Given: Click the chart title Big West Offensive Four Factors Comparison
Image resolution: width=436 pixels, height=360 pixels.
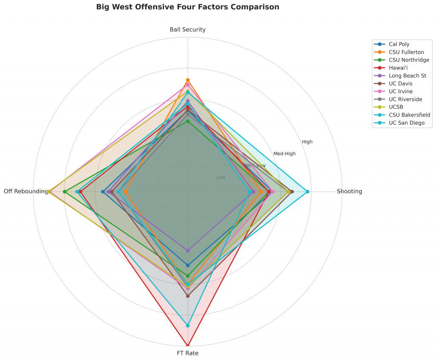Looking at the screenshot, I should [x=188, y=7].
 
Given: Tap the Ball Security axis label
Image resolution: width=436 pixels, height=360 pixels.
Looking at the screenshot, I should [x=188, y=29].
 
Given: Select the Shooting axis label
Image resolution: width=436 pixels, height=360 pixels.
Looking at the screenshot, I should [x=349, y=191].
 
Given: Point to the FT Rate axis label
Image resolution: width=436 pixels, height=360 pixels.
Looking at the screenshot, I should [x=188, y=353].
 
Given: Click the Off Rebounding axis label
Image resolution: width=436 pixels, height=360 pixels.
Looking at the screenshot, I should [x=26, y=191].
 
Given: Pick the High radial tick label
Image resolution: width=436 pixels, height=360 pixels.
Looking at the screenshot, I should [x=307, y=142].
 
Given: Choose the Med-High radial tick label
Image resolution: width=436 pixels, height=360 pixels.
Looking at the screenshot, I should [x=284, y=154].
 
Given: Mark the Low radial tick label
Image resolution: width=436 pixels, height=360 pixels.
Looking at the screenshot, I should [x=221, y=177].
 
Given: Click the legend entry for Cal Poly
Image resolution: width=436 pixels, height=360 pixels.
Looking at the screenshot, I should [x=399, y=44].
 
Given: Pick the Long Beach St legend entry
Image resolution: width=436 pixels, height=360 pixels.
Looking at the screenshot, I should [x=407, y=76].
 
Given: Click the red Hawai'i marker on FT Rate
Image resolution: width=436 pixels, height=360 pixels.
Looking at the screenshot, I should [x=188, y=345].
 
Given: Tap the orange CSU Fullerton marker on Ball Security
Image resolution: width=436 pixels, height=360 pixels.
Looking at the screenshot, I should [x=188, y=80].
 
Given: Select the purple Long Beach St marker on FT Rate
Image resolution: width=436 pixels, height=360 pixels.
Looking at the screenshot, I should [x=188, y=251].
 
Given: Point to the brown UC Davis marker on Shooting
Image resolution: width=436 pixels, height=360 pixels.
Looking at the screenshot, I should [x=292, y=191].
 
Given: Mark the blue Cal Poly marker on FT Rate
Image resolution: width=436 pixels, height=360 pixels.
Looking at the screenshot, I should [x=188, y=266].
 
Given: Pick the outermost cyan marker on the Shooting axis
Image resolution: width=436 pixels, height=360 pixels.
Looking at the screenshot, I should [x=307, y=191].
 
